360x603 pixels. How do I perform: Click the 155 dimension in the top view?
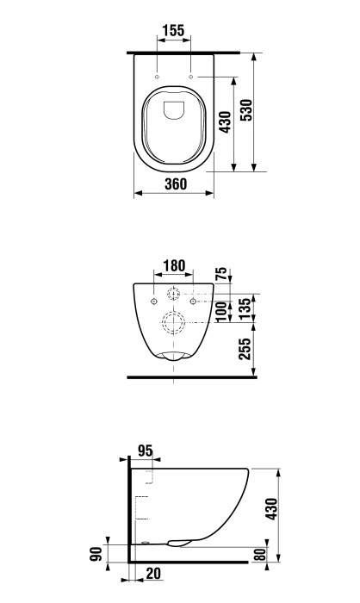tap(174, 30)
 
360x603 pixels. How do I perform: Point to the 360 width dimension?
tap(175, 183)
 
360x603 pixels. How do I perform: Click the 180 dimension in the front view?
tap(174, 264)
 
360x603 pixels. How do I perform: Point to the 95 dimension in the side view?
tap(145, 450)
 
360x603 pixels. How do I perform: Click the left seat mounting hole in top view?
tap(160, 77)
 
